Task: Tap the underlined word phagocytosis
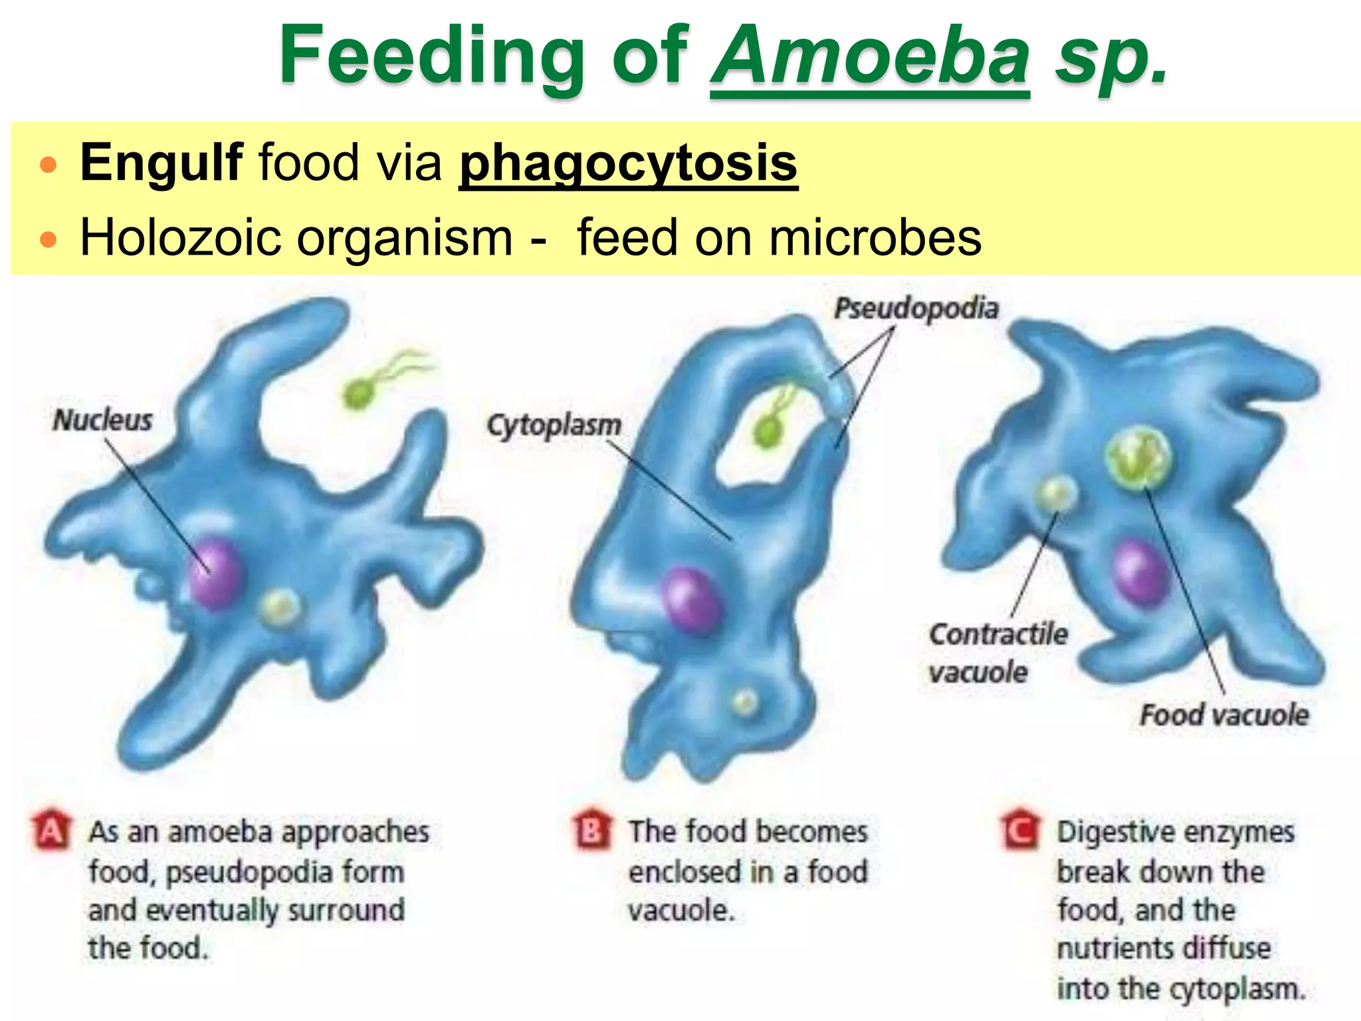(628, 163)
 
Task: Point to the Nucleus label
(103, 420)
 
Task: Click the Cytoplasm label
(554, 425)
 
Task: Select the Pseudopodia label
(916, 308)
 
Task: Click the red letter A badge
(51, 830)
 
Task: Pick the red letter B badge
(591, 830)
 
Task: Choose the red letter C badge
(1020, 830)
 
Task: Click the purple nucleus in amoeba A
(214, 574)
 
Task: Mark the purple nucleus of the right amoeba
(1139, 573)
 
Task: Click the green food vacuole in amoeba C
(1138, 459)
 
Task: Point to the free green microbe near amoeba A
(360, 394)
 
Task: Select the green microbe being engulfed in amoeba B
(768, 430)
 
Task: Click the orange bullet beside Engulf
(49, 164)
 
